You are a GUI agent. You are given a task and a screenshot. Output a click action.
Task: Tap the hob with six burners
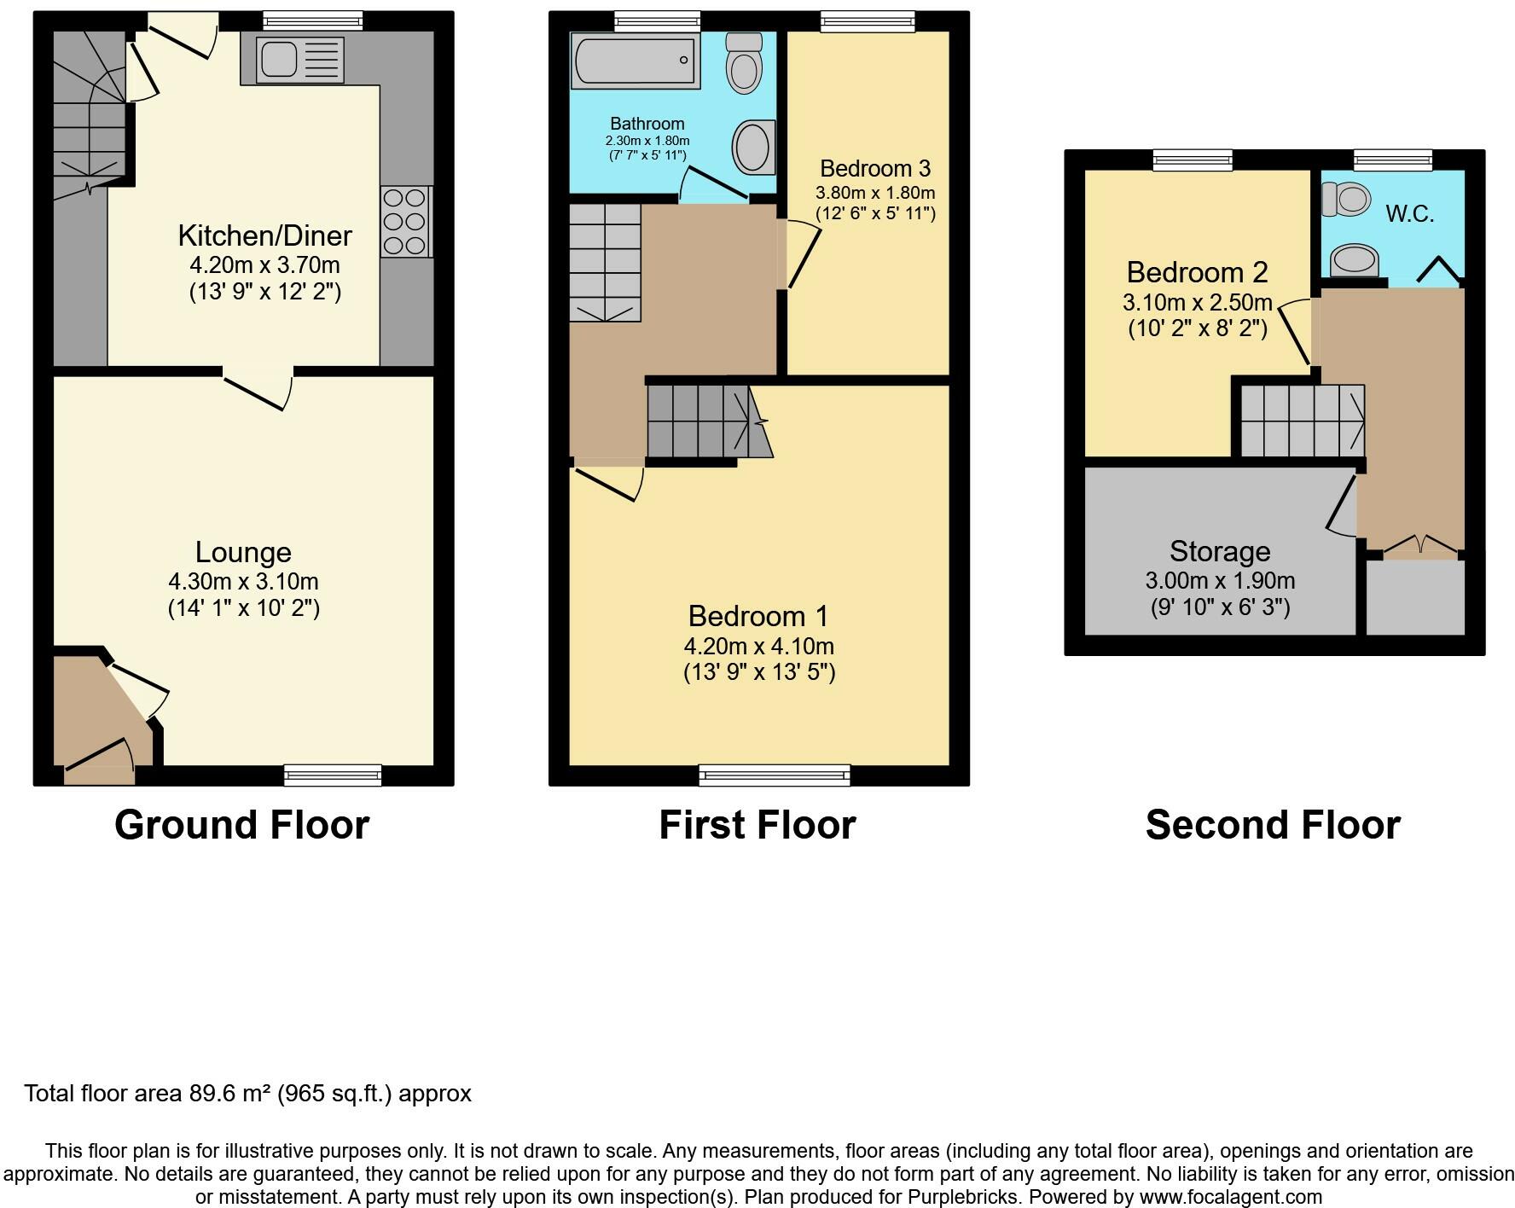(405, 222)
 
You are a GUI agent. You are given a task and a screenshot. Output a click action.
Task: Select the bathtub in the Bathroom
(634, 61)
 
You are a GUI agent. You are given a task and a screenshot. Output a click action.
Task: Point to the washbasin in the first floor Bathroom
(754, 147)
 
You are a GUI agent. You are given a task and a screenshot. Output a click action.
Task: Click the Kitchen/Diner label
(264, 235)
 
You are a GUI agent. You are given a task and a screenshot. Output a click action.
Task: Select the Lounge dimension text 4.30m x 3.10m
(243, 582)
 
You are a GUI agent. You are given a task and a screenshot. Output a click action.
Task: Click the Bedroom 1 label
(758, 615)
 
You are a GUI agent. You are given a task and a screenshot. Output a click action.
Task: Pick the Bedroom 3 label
(875, 168)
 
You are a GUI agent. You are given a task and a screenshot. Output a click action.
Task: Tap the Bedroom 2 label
(1197, 272)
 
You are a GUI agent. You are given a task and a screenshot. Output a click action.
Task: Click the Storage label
(1220, 551)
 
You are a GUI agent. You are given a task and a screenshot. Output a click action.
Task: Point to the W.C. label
(1409, 214)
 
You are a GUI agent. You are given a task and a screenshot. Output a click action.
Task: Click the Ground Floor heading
(241, 825)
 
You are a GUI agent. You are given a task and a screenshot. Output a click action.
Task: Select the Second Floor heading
(1273, 825)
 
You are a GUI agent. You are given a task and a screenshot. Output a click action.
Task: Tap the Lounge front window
(333, 775)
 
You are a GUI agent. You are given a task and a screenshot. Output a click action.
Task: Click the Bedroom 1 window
(775, 775)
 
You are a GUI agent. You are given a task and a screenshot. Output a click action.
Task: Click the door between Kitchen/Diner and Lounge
(258, 388)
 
